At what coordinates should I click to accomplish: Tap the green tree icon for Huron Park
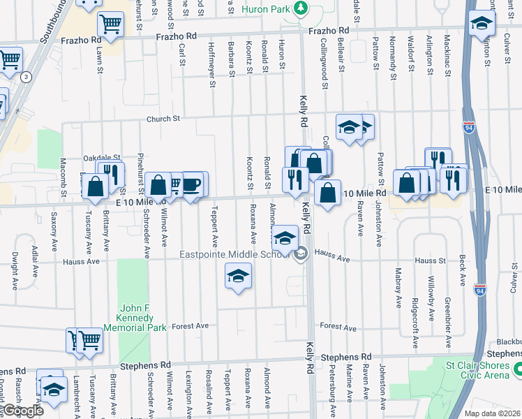click(301, 8)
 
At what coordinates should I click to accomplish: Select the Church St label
click(163, 119)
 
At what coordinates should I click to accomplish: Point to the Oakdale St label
click(101, 159)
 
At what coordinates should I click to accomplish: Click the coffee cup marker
click(191, 184)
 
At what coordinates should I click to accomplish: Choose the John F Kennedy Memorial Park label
click(134, 317)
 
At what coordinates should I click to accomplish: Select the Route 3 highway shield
click(26, 77)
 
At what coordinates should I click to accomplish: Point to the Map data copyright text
click(493, 413)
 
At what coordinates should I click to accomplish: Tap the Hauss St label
click(431, 260)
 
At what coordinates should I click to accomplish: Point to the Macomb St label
click(62, 176)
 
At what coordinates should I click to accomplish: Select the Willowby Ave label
click(430, 287)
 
